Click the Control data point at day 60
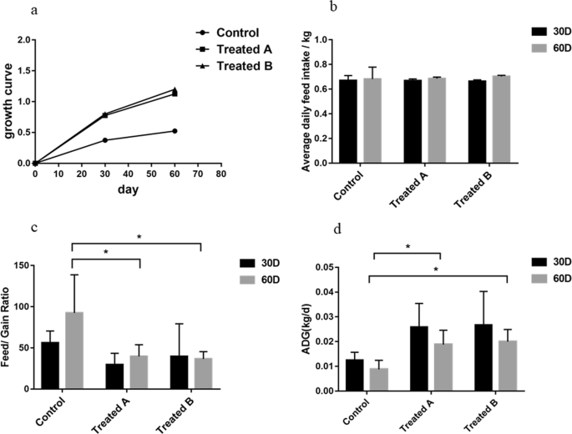coord(175,131)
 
